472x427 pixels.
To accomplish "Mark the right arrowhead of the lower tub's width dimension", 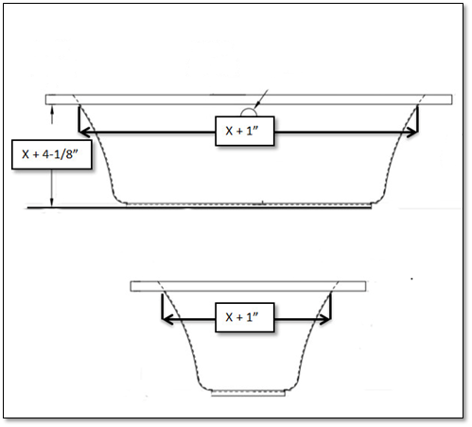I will [325, 318].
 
